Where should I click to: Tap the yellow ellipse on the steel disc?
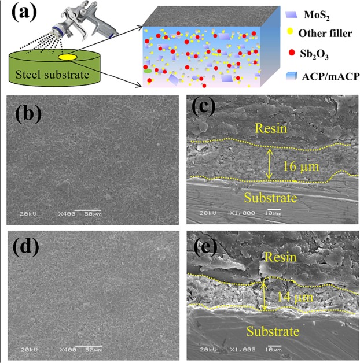tap(68, 57)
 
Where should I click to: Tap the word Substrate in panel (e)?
tap(273, 332)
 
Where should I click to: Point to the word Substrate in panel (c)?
tap(271, 198)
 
